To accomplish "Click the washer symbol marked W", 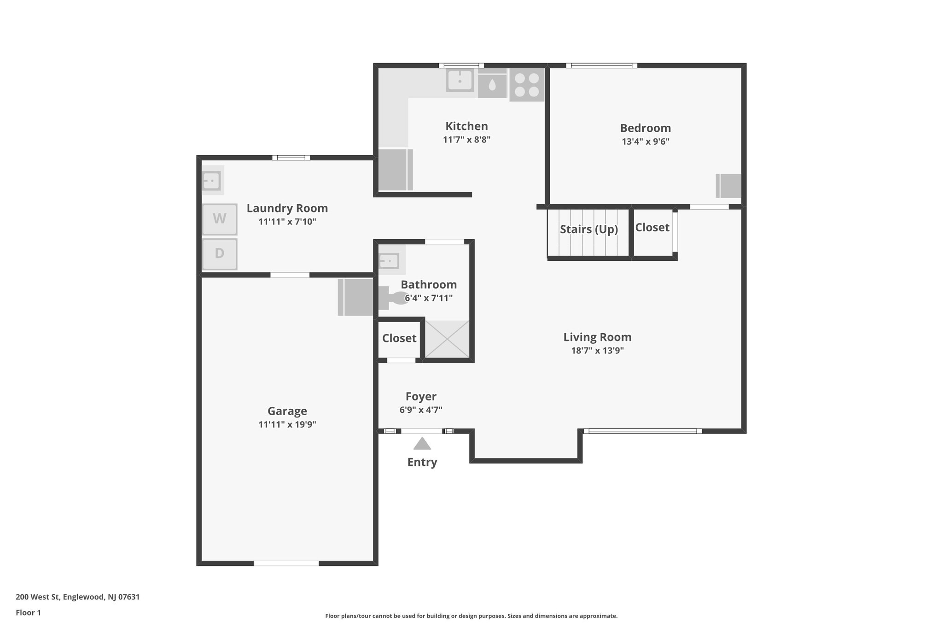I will [220, 219].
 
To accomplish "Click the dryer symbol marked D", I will [220, 253].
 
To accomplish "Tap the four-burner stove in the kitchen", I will [527, 85].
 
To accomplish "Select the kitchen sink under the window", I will [460, 80].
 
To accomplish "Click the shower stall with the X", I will [447, 339].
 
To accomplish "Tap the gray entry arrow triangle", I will [422, 444].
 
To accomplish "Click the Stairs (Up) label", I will [588, 229].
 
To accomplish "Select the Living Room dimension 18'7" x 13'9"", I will [597, 351].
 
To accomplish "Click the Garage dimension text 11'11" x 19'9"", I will [287, 424].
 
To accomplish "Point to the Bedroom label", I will [645, 128].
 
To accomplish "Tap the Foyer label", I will [421, 396].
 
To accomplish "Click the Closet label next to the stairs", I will [652, 227].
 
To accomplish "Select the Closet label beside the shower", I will [399, 338].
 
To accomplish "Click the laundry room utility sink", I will [212, 180].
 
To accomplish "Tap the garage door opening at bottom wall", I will [286, 563].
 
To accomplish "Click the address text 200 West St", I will [77, 597].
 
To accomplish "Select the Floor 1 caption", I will [28, 613].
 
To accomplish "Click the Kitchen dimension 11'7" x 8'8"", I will [466, 140].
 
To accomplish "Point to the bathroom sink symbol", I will [389, 261].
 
